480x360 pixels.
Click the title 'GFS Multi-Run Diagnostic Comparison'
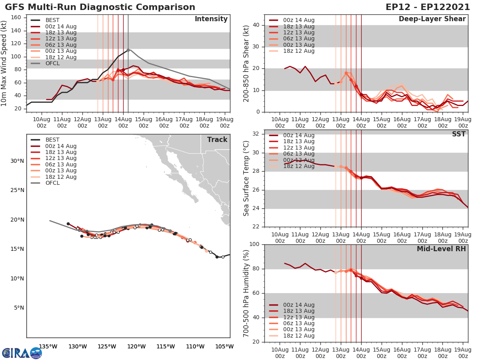pyautogui.click(x=100, y=7)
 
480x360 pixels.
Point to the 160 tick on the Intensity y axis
pyautogui.click(x=18, y=18)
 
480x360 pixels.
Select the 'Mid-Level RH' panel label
pyautogui.click(x=441, y=249)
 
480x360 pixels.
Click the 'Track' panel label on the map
pyautogui.click(x=217, y=140)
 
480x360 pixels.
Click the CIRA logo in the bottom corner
pyautogui.click(x=22, y=353)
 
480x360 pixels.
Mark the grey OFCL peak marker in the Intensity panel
pyautogui.click(x=128, y=50)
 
